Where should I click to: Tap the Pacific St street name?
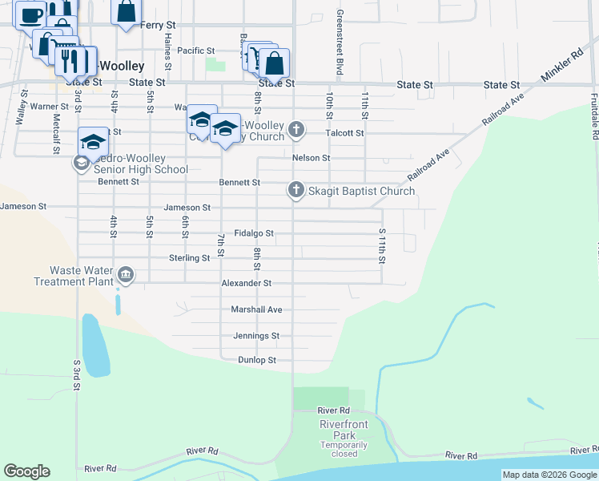click(195, 51)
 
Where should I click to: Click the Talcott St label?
click(345, 133)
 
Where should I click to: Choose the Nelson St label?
click(312, 158)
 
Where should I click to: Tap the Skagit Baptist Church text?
click(362, 191)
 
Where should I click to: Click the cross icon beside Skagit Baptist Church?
click(295, 190)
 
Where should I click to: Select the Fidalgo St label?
click(254, 233)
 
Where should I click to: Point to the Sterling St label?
click(189, 258)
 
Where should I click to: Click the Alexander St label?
click(247, 283)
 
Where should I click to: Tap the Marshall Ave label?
click(256, 309)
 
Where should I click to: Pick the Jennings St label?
click(256, 336)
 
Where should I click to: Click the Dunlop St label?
click(257, 361)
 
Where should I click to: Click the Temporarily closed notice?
click(344, 449)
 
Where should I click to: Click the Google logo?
click(26, 471)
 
